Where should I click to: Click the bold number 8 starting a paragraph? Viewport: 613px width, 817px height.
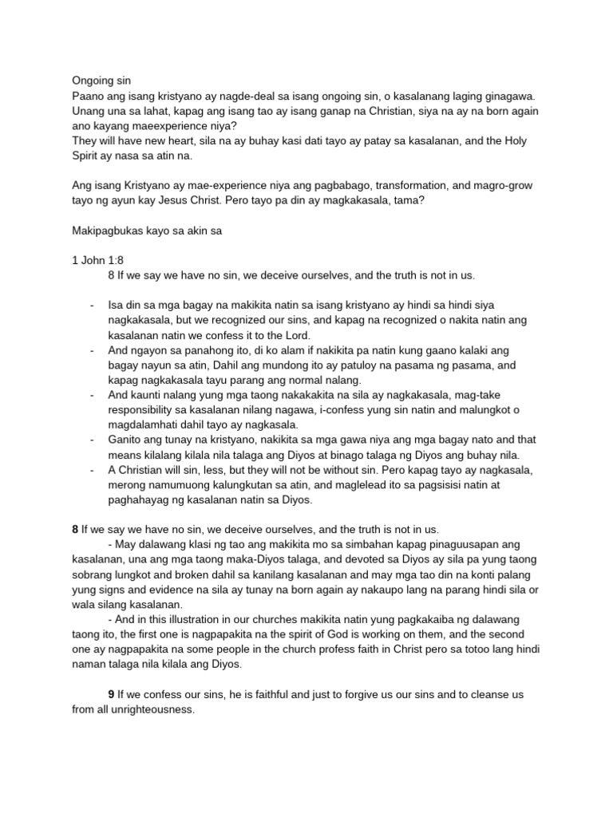[x=75, y=529]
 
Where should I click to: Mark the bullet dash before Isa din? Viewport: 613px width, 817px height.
[x=93, y=305]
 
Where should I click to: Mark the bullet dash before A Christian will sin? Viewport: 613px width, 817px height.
[x=93, y=470]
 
